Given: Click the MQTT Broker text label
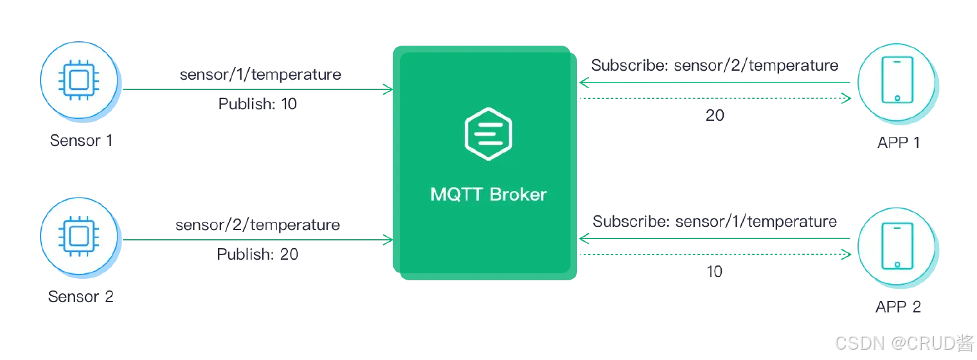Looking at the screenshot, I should coord(488,195).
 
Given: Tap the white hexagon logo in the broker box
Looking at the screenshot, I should coord(488,134).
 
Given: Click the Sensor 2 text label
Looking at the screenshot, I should coord(80,297).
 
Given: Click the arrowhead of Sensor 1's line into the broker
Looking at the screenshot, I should coord(386,90).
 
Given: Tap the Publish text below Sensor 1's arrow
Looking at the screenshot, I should coord(257,105).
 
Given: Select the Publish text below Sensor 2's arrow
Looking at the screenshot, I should coord(257,255).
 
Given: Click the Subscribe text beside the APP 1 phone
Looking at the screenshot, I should coord(716,66).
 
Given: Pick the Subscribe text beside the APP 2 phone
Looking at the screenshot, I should coord(714,222).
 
